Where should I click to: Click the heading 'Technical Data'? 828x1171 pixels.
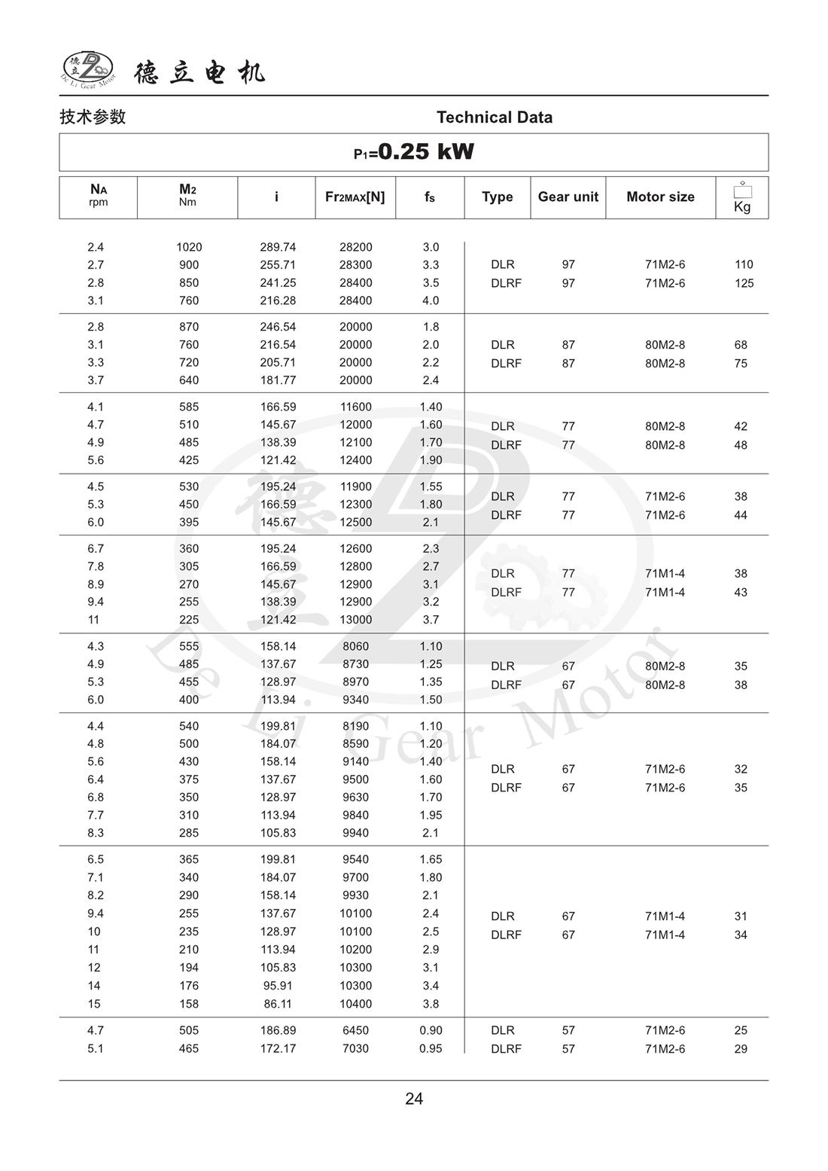click(x=494, y=117)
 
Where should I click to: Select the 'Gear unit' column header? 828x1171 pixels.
click(x=568, y=197)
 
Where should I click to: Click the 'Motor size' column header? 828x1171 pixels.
click(x=660, y=197)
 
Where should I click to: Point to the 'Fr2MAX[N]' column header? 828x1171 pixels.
click(x=355, y=197)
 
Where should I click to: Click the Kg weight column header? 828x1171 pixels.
click(x=742, y=197)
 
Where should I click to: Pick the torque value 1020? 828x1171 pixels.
click(x=189, y=247)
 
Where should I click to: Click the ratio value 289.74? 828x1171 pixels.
click(x=278, y=247)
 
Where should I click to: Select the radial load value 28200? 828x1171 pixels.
click(x=355, y=247)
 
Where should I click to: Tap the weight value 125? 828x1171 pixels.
click(x=744, y=283)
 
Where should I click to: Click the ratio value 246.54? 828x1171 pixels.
click(x=278, y=327)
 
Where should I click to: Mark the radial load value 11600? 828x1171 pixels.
click(x=355, y=407)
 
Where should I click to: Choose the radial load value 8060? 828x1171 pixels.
click(x=355, y=646)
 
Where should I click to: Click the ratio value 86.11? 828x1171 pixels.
click(x=278, y=1004)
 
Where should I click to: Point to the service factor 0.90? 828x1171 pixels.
click(x=431, y=1030)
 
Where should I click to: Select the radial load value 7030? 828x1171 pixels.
click(x=355, y=1048)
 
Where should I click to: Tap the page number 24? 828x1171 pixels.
click(x=414, y=1099)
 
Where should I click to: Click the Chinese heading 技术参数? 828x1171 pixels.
click(x=93, y=117)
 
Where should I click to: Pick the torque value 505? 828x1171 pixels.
click(x=189, y=1030)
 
